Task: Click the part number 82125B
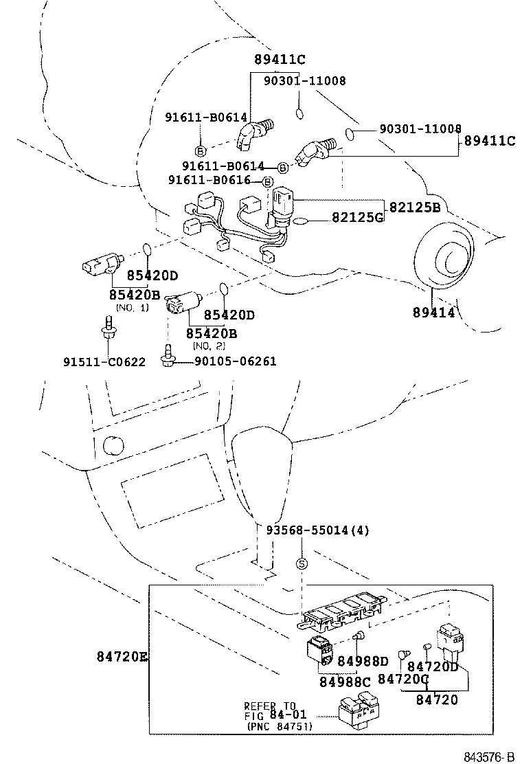[414, 207]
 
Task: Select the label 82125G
[357, 218]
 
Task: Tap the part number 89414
[433, 312]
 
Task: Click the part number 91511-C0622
[104, 362]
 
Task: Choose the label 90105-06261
[235, 361]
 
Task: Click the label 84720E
[122, 657]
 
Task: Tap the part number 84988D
[363, 662]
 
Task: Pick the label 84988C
[344, 682]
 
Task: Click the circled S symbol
[301, 564]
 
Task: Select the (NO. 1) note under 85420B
[133, 307]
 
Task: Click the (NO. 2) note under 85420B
[210, 346]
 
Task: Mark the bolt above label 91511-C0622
[108, 327]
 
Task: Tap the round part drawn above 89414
[444, 262]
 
